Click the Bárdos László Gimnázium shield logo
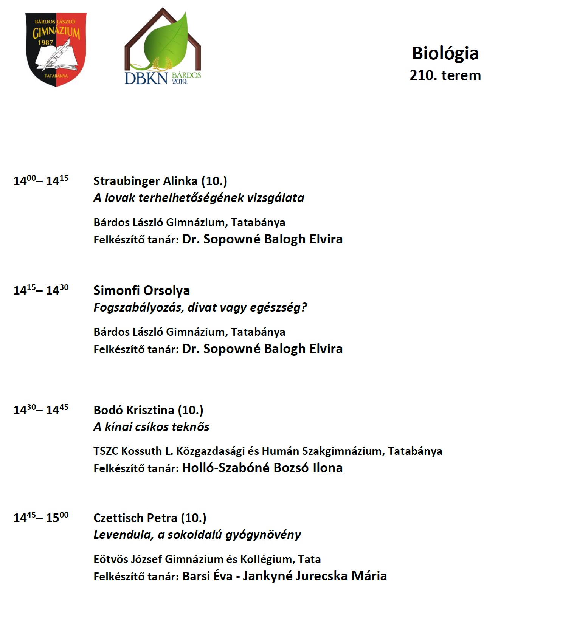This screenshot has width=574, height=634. click(56, 49)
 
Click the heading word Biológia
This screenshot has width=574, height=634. click(445, 53)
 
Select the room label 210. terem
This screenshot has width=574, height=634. click(445, 75)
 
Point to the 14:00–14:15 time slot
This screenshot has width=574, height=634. click(41, 180)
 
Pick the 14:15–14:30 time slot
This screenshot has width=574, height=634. click(41, 290)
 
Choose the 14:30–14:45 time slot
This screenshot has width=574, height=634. click(41, 409)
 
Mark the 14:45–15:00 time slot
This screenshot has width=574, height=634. click(41, 517)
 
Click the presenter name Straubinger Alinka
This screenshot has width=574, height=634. click(146, 181)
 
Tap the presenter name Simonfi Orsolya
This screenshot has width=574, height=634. click(141, 290)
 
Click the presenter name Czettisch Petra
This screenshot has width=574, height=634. click(135, 518)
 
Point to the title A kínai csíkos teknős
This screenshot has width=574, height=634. click(151, 427)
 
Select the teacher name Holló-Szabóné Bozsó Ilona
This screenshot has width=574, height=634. click(262, 468)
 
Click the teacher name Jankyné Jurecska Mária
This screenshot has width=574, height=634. click(315, 576)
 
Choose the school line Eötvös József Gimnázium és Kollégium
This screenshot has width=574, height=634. click(194, 559)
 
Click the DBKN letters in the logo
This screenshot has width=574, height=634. click(146, 78)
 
